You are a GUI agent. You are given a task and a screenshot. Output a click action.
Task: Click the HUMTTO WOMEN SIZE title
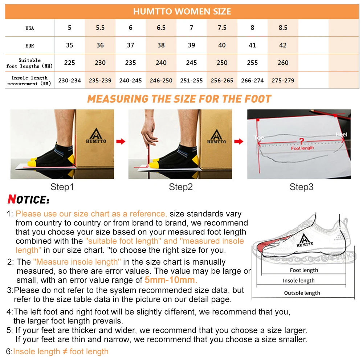coord(182,11)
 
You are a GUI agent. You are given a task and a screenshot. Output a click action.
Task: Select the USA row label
coord(30,28)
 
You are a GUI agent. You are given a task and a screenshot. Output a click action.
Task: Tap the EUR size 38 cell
coord(161,45)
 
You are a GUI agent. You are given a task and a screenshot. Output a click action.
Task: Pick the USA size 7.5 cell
coord(222,28)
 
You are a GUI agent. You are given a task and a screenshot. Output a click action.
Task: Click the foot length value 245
coord(191,63)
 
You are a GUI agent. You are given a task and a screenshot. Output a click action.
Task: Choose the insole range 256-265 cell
coord(222,81)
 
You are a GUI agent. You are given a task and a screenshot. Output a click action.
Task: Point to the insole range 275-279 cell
coord(283,81)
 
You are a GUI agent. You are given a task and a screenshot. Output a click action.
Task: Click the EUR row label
coord(30,46)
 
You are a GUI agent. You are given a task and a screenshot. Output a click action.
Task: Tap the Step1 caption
coord(62,187)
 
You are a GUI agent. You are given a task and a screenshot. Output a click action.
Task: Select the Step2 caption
coord(180,187)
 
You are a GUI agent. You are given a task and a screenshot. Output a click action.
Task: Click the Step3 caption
coord(301,187)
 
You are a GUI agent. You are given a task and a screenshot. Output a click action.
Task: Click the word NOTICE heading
coord(28,200)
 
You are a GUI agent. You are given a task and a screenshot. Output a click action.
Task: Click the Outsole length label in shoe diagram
coord(302,293)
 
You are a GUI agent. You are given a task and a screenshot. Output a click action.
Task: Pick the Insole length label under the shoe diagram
coord(299,281)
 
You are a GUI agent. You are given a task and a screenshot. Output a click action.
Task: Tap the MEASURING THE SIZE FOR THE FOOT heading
coord(179,99)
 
